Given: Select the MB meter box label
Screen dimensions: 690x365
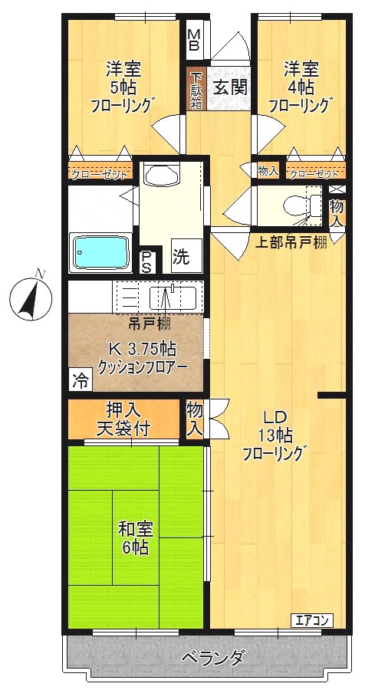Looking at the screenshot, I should [x=194, y=39].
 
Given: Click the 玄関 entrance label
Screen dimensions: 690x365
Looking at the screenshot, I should [x=229, y=87].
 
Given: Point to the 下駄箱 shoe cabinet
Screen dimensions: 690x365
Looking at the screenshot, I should [x=196, y=90].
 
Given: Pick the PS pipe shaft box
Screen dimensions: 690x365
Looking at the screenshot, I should [x=146, y=261].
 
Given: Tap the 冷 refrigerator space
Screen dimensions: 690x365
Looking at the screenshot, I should [x=79, y=379].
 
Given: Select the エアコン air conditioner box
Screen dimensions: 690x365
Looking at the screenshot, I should [x=311, y=619].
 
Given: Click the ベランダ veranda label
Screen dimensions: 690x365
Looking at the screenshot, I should [x=212, y=657].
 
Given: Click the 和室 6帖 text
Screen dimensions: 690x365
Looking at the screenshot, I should [x=135, y=538].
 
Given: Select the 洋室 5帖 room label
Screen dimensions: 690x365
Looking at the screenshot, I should [x=123, y=85].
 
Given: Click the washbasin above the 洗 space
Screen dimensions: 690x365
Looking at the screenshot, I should [x=159, y=176].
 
